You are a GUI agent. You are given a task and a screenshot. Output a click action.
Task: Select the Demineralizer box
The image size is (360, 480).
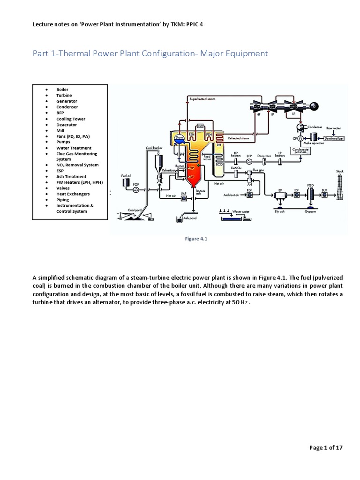[x=328, y=138]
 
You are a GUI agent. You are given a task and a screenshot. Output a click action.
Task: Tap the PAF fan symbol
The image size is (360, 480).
[x=183, y=199]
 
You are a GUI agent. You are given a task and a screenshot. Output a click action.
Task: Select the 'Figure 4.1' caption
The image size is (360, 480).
[x=196, y=239]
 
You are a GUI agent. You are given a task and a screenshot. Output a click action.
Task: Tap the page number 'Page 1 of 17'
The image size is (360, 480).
[x=326, y=448]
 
